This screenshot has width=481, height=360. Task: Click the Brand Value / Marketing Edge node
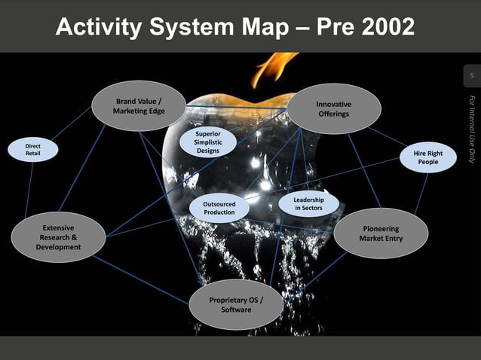[x=139, y=106]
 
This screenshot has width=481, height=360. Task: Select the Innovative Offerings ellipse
[x=333, y=108]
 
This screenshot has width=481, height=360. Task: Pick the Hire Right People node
[x=427, y=157]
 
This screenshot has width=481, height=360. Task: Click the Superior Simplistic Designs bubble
[x=207, y=142]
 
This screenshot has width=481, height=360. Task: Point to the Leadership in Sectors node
[x=308, y=202]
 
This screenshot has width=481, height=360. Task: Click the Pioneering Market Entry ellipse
[x=381, y=233]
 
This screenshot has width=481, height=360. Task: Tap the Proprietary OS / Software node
[x=236, y=304]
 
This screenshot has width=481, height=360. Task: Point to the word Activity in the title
[x=100, y=28]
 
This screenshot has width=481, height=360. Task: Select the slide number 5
[x=471, y=77]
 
